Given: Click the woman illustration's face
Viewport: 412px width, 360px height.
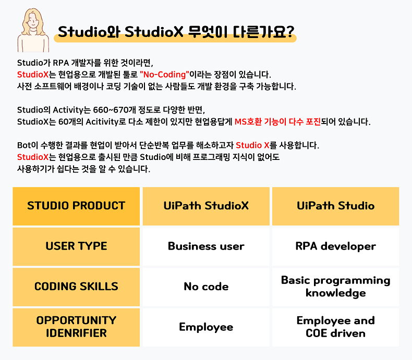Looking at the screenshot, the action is pyautogui.click(x=33, y=21).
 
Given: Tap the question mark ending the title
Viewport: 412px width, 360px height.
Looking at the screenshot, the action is pyautogui.click(x=289, y=32).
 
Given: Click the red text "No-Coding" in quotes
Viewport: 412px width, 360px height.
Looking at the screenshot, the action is pyautogui.click(x=164, y=75).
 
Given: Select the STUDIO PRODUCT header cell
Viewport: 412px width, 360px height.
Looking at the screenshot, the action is pyautogui.click(x=76, y=206).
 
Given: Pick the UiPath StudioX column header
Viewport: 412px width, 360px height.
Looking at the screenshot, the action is pyautogui.click(x=207, y=206).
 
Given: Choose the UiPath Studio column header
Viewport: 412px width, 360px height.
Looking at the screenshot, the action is pyautogui.click(x=335, y=206).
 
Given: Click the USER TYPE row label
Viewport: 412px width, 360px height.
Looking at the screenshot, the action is pyautogui.click(x=76, y=246).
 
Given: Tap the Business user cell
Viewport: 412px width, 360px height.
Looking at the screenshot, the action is pyautogui.click(x=207, y=246).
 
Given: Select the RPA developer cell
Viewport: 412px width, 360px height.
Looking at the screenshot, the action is pyautogui.click(x=335, y=246).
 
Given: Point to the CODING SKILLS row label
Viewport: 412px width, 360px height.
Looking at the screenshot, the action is pyautogui.click(x=76, y=287).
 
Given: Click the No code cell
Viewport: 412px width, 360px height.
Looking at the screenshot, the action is pyautogui.click(x=207, y=287).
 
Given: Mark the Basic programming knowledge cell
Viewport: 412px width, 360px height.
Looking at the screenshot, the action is pyautogui.click(x=335, y=287).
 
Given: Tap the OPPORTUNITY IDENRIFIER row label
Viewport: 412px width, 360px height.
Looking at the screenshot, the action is pyautogui.click(x=76, y=328).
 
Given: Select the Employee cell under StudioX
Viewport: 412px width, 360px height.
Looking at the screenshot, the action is pyautogui.click(x=207, y=328).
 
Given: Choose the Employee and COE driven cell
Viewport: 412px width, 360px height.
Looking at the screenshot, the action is pyautogui.click(x=335, y=328).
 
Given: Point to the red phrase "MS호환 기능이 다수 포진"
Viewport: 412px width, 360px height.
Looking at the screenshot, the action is pyautogui.click(x=278, y=122).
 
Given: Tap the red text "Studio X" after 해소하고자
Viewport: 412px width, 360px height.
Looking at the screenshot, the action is pyautogui.click(x=252, y=145).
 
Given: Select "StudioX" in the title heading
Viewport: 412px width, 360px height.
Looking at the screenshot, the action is pyautogui.click(x=154, y=32).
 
